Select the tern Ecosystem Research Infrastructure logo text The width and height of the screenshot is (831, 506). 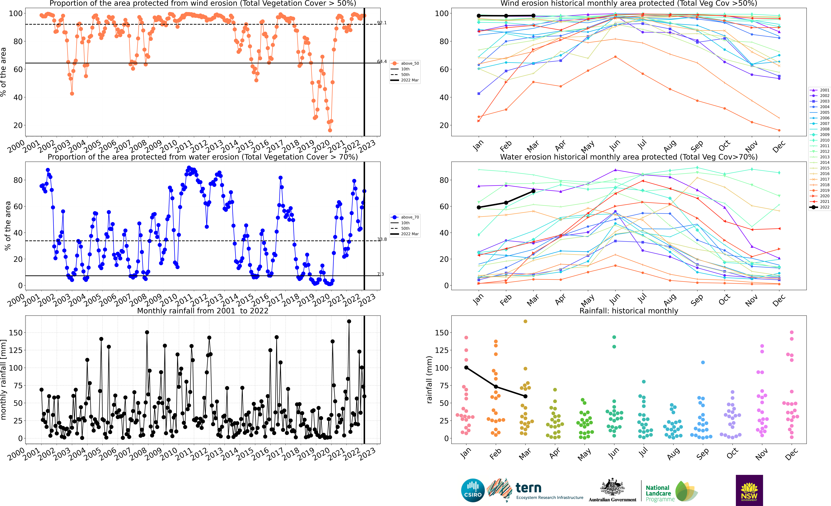[549, 491]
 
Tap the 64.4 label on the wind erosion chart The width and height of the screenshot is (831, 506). [382, 61]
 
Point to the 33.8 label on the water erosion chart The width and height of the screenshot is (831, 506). [382, 239]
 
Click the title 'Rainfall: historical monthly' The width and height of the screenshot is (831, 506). [629, 311]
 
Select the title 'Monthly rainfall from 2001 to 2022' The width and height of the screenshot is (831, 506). [203, 311]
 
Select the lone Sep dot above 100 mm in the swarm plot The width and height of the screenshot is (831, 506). [703, 362]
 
